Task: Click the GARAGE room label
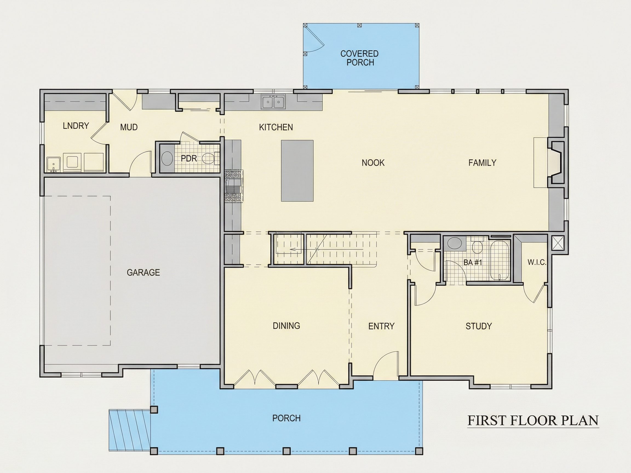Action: click(143, 273)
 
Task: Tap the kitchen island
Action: click(297, 171)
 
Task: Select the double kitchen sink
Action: click(274, 102)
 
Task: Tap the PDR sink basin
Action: click(167, 158)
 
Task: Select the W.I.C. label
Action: click(537, 262)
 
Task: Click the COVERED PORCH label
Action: click(359, 58)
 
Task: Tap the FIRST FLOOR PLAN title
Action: click(533, 420)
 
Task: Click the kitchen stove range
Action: click(234, 186)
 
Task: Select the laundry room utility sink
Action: click(53, 165)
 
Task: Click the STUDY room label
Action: click(479, 326)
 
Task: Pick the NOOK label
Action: click(373, 163)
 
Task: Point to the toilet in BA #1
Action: click(477, 247)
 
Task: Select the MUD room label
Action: click(129, 127)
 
